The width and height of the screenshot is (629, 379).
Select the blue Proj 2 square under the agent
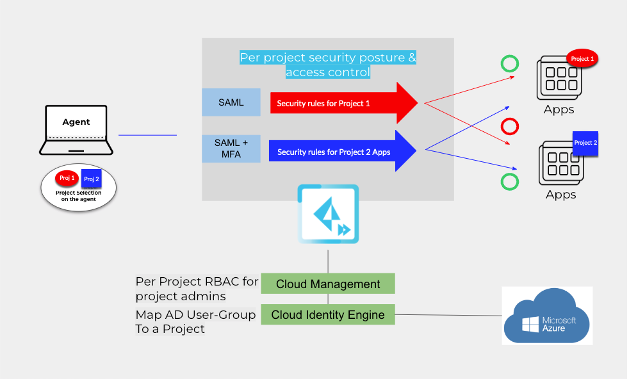pyautogui.click(x=92, y=179)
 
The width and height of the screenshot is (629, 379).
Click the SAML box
pyautogui.click(x=231, y=102)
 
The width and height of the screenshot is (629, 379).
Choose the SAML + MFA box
pyautogui.click(x=231, y=148)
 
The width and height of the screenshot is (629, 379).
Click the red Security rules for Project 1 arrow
pyautogui.click(x=343, y=103)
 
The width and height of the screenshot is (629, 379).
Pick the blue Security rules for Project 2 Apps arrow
pyautogui.click(x=342, y=152)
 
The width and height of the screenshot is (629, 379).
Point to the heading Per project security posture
pyautogui.click(x=327, y=58)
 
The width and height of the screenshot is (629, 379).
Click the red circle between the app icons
pyautogui.click(x=510, y=125)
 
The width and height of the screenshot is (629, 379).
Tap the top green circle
pyautogui.click(x=510, y=63)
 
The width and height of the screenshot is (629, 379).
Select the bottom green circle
pyautogui.click(x=510, y=182)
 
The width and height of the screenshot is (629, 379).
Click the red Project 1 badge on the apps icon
pyautogui.click(x=582, y=59)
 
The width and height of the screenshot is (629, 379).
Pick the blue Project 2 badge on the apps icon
pyautogui.click(x=585, y=143)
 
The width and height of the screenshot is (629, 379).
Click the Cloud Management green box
pyautogui.click(x=328, y=284)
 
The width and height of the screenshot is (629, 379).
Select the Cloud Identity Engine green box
pyautogui.click(x=328, y=314)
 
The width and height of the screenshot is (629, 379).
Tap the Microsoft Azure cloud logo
pyautogui.click(x=547, y=316)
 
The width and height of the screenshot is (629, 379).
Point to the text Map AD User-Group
pyautogui.click(x=195, y=314)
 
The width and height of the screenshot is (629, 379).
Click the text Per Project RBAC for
pyautogui.click(x=197, y=281)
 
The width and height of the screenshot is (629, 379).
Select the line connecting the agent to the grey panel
pyautogui.click(x=147, y=135)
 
